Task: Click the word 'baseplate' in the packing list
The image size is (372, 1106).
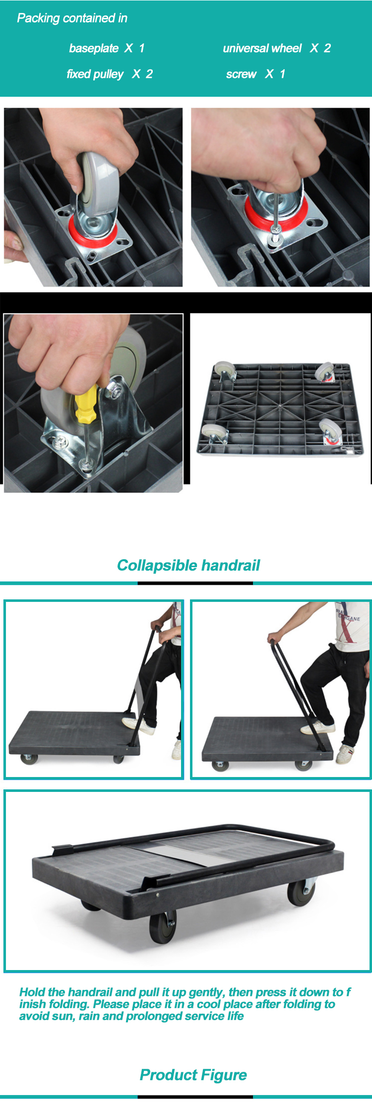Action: click(94, 48)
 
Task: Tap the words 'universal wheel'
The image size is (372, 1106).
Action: click(262, 48)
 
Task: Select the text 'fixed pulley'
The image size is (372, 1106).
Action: click(95, 74)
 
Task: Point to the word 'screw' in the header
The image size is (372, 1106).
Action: click(241, 74)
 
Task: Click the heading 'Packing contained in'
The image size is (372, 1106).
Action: click(72, 18)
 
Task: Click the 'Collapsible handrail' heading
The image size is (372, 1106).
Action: click(188, 565)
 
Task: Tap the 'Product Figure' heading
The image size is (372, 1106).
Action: click(193, 1075)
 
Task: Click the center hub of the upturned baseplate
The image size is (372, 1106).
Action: click(280, 406)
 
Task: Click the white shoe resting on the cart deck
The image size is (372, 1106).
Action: click(318, 728)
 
